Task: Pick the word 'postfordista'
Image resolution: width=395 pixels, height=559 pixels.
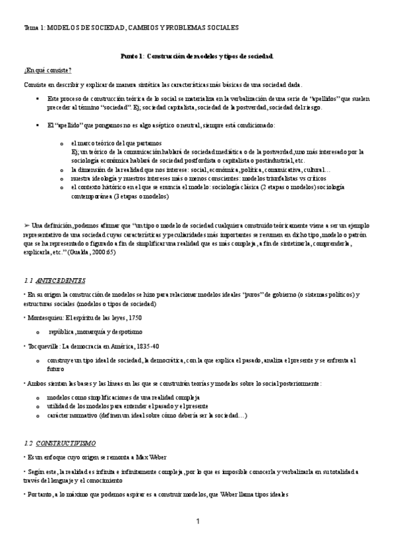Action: coord(188,160)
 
